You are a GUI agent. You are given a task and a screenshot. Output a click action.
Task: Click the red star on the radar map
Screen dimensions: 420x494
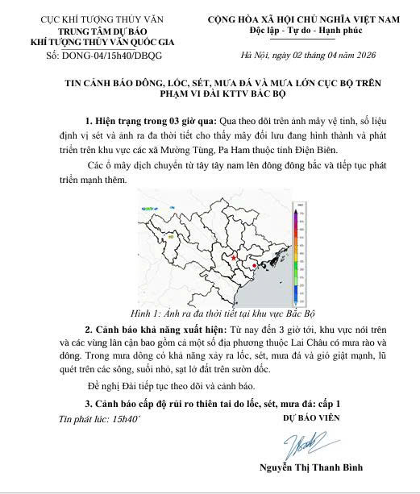(234, 257)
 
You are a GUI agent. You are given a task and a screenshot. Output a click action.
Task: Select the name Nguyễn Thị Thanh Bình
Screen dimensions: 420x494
(311, 468)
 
